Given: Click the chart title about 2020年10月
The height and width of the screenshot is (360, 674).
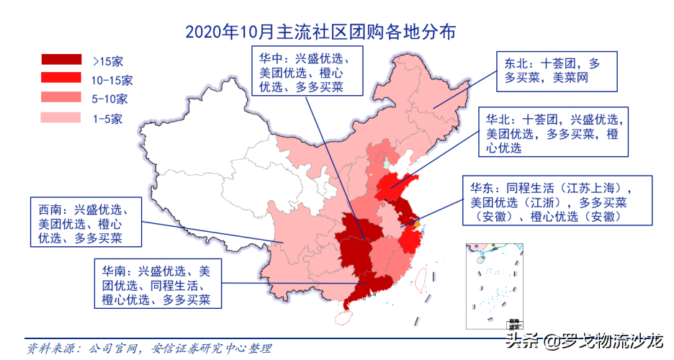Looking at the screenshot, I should (320, 32).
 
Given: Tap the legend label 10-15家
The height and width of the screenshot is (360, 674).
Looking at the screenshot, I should (113, 80).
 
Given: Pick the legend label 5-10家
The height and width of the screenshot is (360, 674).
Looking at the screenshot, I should (110, 99).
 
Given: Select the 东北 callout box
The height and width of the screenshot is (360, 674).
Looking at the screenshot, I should (557, 71).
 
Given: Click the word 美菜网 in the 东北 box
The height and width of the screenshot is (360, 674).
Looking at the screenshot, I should (570, 78).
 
